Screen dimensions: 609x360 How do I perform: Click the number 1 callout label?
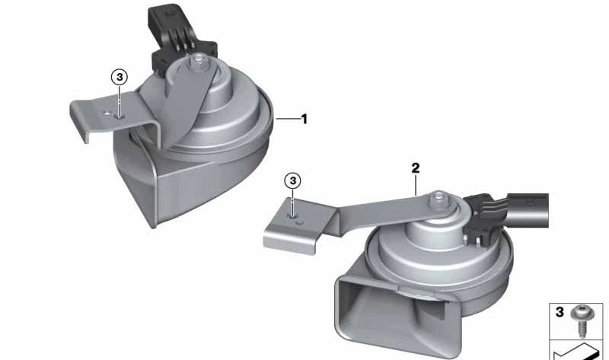[304, 119]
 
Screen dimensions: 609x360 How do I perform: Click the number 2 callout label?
[415, 168]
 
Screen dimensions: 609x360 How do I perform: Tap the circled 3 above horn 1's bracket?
[120, 78]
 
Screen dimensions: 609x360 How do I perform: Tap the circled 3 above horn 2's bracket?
[293, 180]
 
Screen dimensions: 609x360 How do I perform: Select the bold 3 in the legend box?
[560, 312]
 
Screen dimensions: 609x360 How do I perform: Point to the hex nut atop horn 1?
[198, 60]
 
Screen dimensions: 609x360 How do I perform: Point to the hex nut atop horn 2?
[438, 199]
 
